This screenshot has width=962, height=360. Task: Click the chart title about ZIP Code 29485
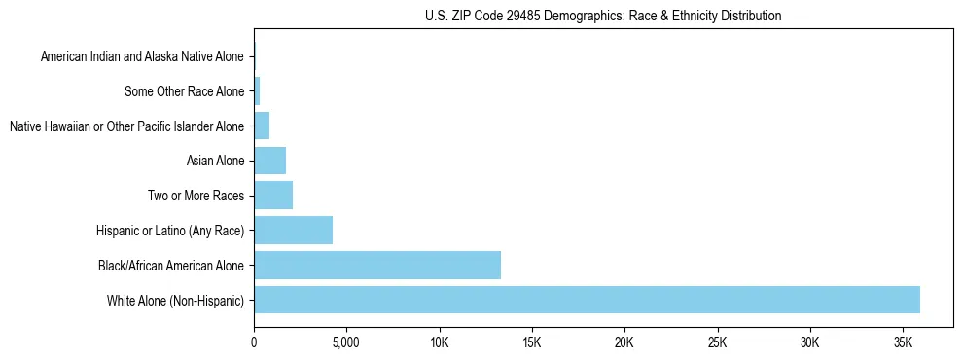pos(603,16)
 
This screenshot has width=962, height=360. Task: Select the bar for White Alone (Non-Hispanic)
pos(587,300)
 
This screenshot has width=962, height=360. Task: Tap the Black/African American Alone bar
pos(377,265)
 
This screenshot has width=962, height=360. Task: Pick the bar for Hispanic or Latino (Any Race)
pos(293,231)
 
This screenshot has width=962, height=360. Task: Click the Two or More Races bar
pos(273,196)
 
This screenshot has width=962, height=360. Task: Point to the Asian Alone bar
pos(269,161)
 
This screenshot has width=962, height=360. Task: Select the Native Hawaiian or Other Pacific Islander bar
pos(262,126)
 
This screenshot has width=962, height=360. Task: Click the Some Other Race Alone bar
pos(257,91)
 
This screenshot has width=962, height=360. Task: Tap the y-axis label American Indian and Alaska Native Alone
pos(142,57)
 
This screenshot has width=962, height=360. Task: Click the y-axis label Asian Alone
pos(215,161)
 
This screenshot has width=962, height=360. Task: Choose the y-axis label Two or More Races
pos(196,196)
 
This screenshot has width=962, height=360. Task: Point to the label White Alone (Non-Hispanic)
pos(175,300)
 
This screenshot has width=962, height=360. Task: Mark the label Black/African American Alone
pos(171,265)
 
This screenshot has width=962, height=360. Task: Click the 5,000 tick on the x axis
pos(346,343)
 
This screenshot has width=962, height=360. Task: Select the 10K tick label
pos(439,343)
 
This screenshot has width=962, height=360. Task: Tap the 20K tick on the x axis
pos(624,343)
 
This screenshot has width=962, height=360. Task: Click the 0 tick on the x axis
pos(254,343)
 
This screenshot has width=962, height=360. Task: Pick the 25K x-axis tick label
pos(717,343)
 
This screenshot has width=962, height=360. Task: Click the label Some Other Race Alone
pos(185,91)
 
